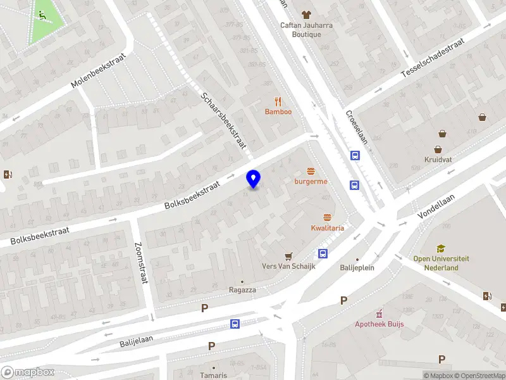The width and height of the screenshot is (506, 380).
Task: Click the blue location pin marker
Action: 254,179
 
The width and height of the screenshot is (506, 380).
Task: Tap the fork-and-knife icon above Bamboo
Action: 278,101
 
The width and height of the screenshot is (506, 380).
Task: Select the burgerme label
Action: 311,181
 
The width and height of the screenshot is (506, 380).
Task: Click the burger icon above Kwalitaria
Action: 327,217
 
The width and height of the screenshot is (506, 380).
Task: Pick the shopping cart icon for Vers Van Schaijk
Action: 289,256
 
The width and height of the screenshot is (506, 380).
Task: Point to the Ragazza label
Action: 242,289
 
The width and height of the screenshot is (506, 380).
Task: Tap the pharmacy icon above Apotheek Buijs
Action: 379,313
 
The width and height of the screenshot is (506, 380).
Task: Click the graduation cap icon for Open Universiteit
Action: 441,249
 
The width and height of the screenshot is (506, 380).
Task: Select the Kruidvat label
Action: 438,160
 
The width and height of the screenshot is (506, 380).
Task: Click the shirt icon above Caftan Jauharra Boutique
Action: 307,14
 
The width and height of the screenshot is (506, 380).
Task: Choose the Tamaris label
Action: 214,375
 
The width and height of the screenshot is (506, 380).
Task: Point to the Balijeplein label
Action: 357,267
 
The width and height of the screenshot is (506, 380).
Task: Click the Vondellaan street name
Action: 436,206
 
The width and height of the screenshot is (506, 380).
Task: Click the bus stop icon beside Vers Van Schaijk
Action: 323,254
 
